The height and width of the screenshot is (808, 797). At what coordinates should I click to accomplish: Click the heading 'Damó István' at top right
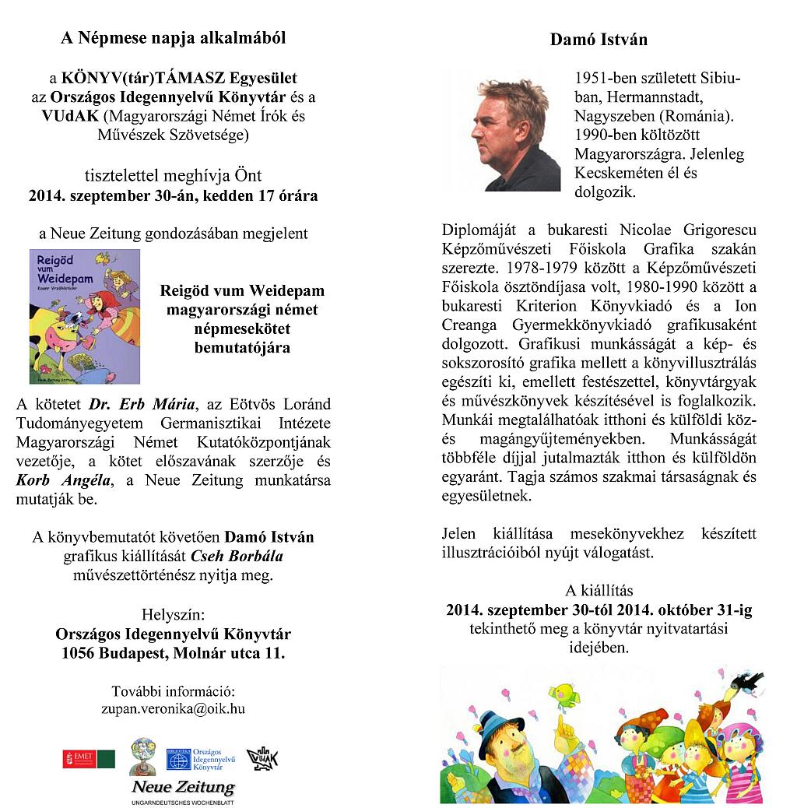tap(599, 39)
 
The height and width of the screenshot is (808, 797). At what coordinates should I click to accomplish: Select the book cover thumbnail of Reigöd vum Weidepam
tap(85, 316)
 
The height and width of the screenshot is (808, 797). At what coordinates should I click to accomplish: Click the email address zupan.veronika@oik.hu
tap(173, 708)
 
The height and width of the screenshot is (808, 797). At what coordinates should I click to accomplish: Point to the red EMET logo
tap(79, 758)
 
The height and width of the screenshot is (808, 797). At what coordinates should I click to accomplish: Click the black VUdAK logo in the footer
tap(262, 758)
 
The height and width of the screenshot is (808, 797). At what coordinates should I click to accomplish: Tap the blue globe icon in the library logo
tap(178, 760)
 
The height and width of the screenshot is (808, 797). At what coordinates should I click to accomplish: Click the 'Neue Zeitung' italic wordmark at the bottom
tap(182, 788)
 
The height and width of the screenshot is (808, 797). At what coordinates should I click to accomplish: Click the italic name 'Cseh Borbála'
tap(241, 557)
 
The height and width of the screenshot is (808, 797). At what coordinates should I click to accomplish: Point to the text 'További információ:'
tap(173, 691)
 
